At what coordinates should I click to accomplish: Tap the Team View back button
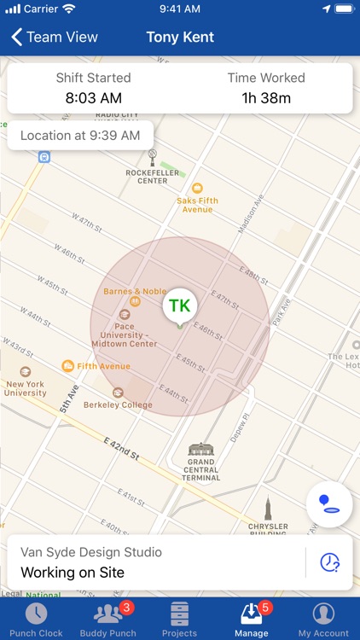pos(55,38)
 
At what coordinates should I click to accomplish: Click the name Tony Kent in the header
pos(180,38)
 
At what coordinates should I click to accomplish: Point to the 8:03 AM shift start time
pos(94,98)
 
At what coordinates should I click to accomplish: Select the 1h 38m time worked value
pos(266,98)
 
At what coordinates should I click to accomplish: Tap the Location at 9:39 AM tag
pos(80,136)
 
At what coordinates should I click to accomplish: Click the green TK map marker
pos(179,306)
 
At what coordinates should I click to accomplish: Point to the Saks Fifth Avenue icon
pos(197,188)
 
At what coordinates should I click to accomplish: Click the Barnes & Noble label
pos(134,291)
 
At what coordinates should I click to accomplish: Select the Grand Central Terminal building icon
pos(201,449)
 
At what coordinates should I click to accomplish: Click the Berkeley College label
pos(118,404)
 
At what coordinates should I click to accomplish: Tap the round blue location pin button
pos(329,505)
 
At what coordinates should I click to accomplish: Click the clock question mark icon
pos(329,562)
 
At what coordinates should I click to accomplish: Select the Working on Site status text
pos(73,572)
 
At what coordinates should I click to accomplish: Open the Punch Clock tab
pos(36,620)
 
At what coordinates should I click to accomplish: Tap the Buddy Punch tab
pos(107,620)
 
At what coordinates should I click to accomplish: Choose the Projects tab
pos(179,620)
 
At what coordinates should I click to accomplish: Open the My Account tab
pos(323,620)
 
